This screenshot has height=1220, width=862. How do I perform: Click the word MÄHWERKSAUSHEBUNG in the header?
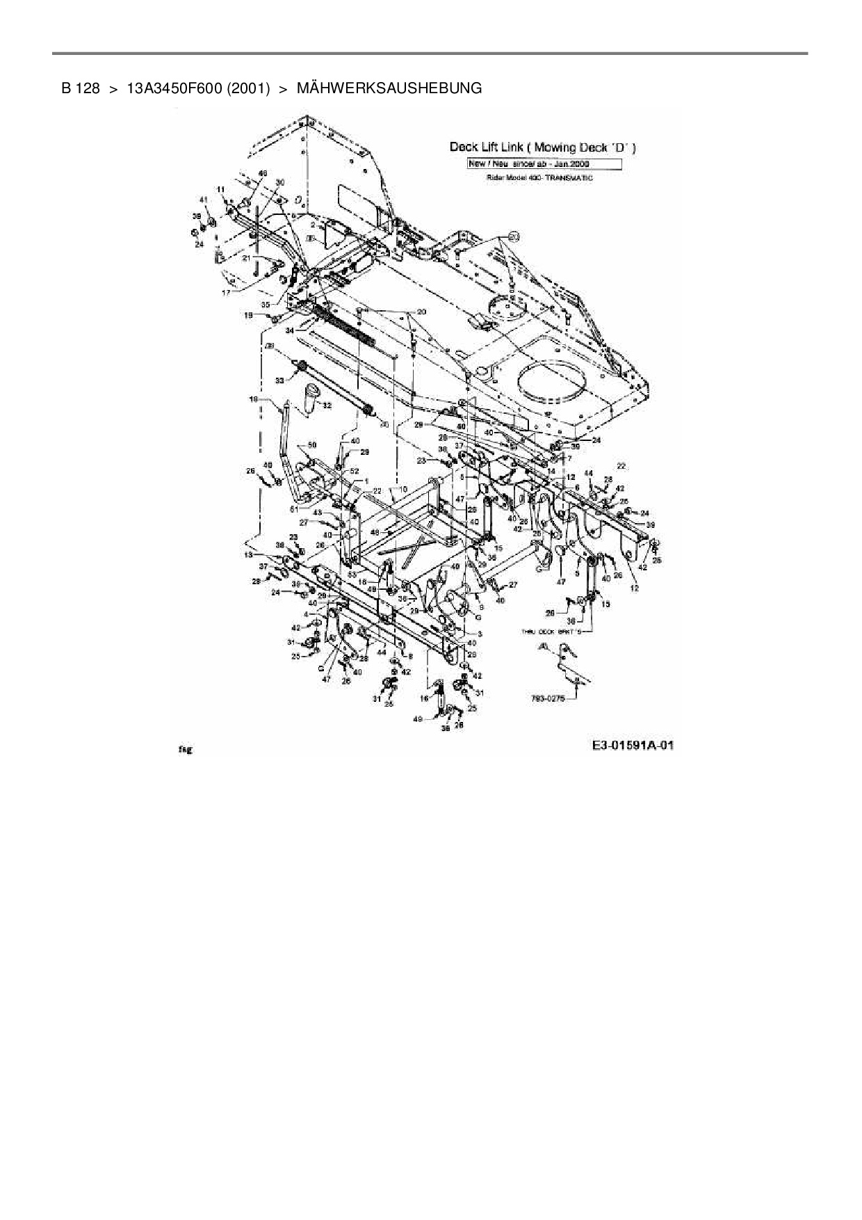(x=389, y=88)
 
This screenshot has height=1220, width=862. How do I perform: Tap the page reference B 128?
(x=81, y=88)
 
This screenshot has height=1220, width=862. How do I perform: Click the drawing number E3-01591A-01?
(x=633, y=746)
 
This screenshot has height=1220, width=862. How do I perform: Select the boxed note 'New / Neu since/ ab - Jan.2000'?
(x=543, y=164)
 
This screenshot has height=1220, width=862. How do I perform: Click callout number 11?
(x=220, y=189)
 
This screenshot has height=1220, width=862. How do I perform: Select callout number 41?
(x=204, y=200)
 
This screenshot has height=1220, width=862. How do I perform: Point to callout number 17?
(x=226, y=293)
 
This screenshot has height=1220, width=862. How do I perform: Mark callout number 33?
(x=279, y=380)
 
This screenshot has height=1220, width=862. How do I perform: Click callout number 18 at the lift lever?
(x=254, y=400)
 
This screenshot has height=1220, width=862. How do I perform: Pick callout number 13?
(x=249, y=555)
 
